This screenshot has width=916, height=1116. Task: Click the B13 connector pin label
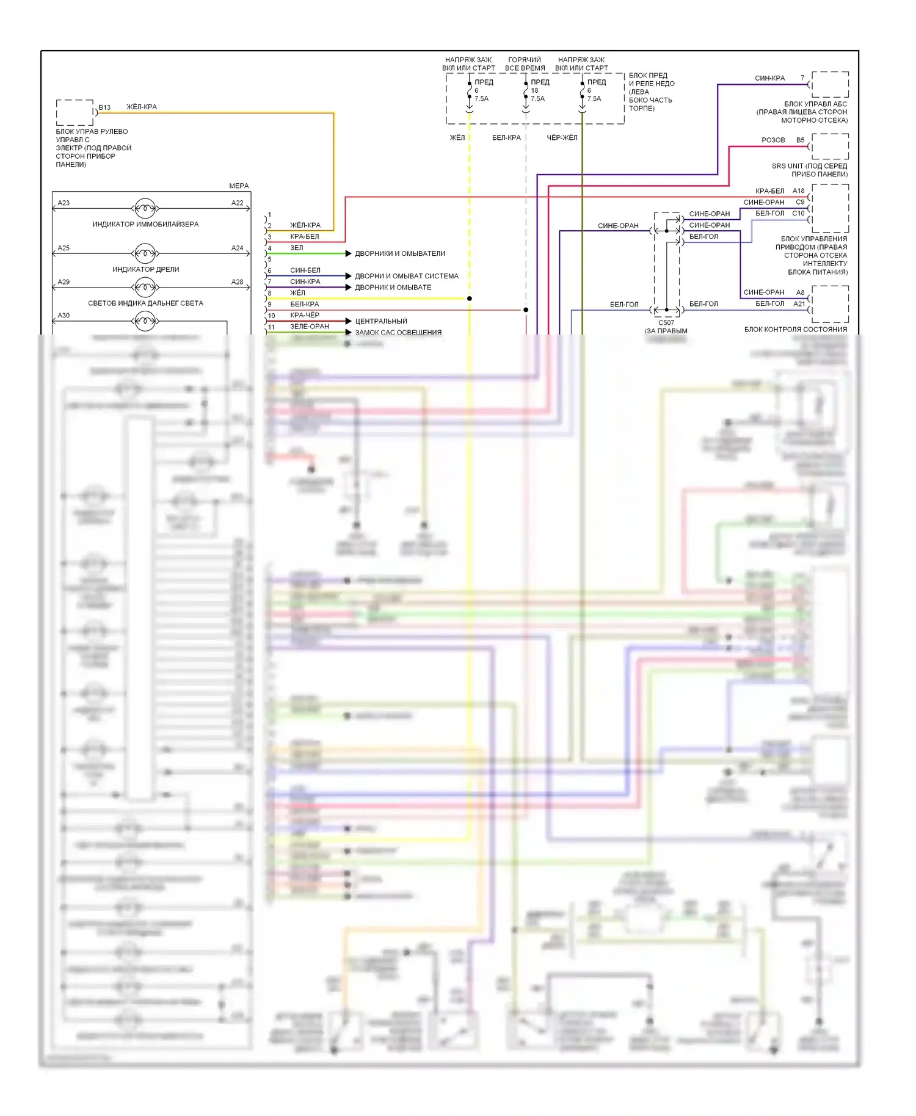(x=104, y=107)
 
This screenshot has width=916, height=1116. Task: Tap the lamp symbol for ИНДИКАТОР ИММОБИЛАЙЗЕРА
(x=145, y=208)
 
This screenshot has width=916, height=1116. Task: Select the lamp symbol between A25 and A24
(x=145, y=253)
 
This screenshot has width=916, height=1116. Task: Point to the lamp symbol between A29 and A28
(x=145, y=286)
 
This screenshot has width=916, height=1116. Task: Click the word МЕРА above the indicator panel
(x=239, y=186)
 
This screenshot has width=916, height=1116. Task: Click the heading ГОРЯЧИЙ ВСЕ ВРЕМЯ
(x=525, y=64)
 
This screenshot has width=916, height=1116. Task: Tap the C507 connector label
(x=666, y=323)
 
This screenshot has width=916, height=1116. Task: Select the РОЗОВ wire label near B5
(x=773, y=140)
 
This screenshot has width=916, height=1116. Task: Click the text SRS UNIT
(x=787, y=166)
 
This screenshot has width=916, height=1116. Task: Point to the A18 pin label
(x=798, y=191)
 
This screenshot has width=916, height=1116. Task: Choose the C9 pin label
(x=800, y=202)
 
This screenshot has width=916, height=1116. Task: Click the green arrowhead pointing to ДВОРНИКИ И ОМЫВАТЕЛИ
(x=349, y=253)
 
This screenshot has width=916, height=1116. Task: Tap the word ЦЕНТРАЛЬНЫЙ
(x=381, y=321)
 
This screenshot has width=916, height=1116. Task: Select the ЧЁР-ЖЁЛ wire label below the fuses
(x=562, y=138)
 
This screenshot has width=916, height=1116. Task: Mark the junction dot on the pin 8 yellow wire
(x=469, y=299)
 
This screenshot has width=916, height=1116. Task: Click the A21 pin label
(x=799, y=303)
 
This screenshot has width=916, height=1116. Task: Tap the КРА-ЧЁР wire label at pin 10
(x=305, y=315)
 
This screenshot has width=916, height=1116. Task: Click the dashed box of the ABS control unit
(x=830, y=84)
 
